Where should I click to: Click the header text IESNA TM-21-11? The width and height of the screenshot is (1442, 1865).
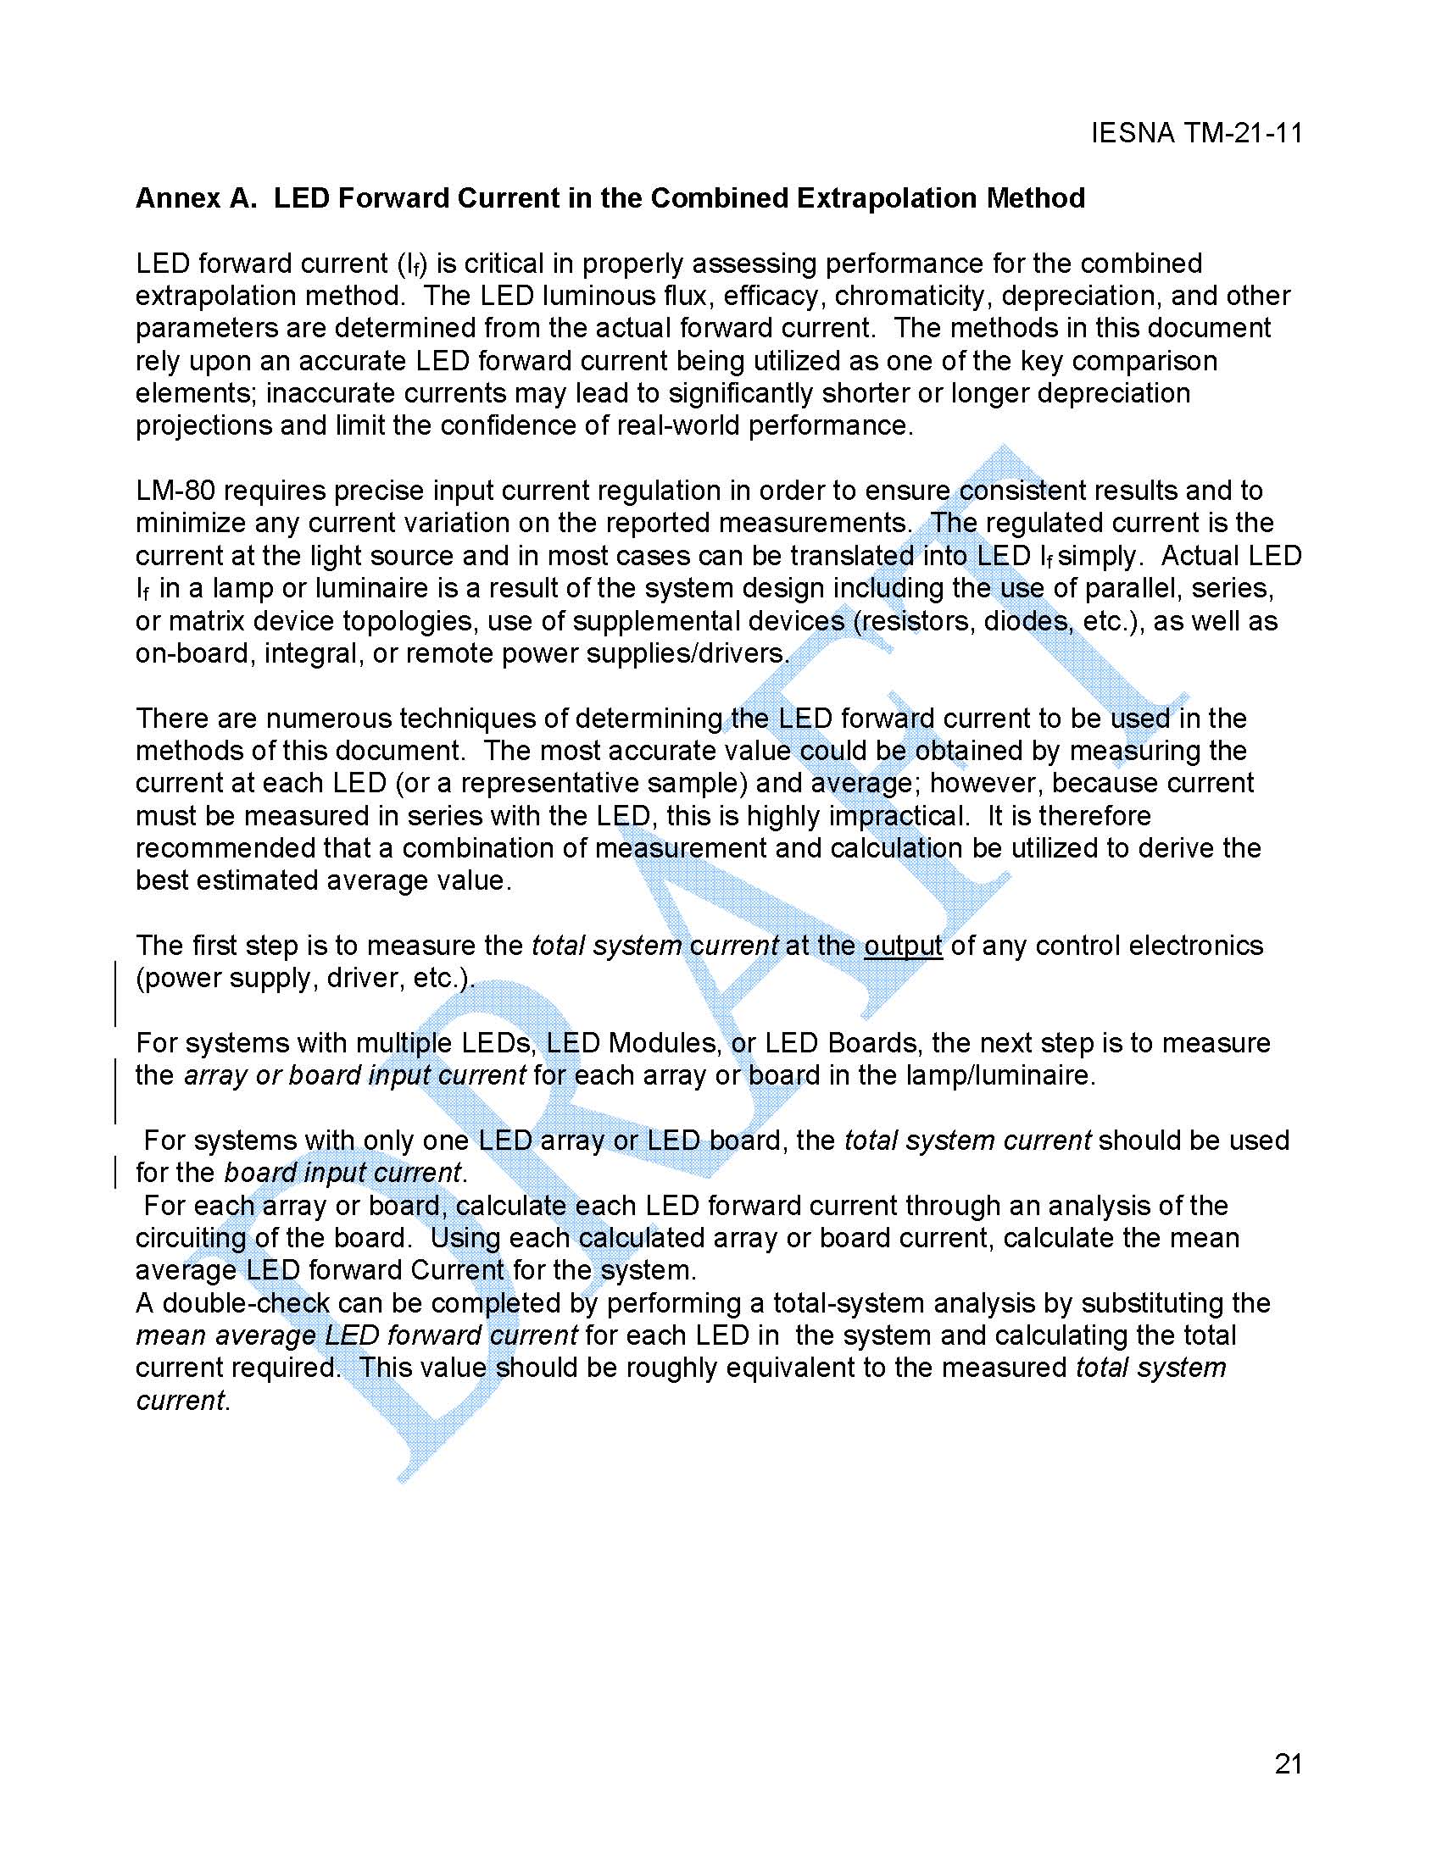pyautogui.click(x=1196, y=133)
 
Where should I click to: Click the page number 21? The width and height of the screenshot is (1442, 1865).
pyautogui.click(x=1288, y=1763)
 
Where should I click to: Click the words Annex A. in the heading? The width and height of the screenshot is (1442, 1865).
pyautogui.click(x=196, y=198)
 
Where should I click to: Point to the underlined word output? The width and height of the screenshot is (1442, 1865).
pyautogui.click(x=902, y=946)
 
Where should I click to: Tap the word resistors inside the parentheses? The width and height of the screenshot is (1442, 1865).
pyautogui.click(x=916, y=621)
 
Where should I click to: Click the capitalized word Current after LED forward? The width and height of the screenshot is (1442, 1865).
pyautogui.click(x=456, y=1271)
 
